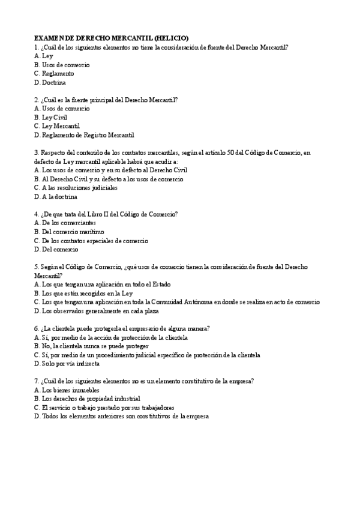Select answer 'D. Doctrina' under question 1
(x=50, y=82)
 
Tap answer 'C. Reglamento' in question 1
(x=55, y=73)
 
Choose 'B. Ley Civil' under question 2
(x=51, y=118)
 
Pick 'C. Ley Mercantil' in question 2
(x=57, y=127)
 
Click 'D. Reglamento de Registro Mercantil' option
(x=84, y=135)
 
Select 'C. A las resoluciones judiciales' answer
(x=76, y=188)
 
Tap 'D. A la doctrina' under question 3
(x=56, y=196)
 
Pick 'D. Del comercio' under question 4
(x=56, y=249)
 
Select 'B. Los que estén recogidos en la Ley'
(x=83, y=294)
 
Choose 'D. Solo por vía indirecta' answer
(x=67, y=364)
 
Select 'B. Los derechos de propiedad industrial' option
(x=87, y=399)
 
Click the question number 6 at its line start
(x=37, y=328)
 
